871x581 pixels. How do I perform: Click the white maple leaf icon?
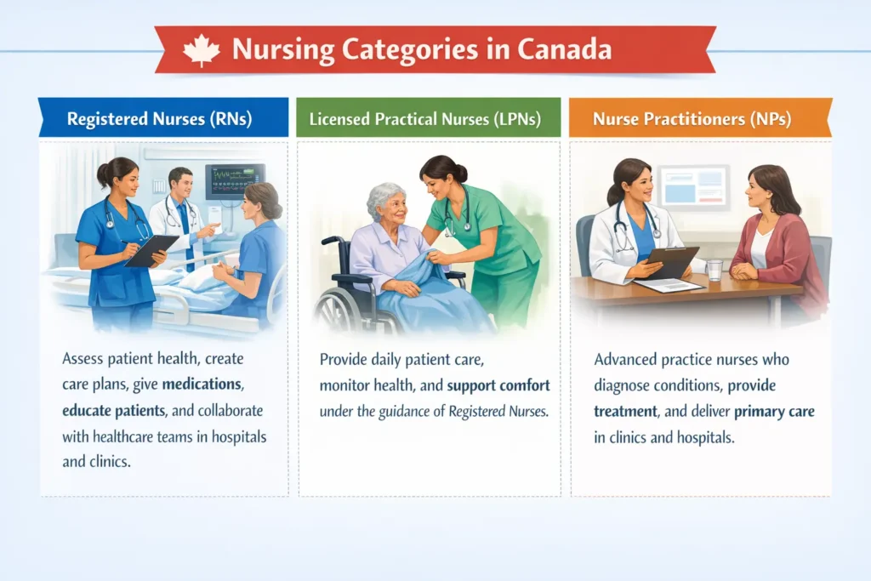pyautogui.click(x=201, y=50)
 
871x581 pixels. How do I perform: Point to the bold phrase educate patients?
pyautogui.click(x=114, y=411)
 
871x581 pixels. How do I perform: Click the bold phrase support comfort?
pyautogui.click(x=498, y=385)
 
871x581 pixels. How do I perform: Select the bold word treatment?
pyautogui.click(x=625, y=412)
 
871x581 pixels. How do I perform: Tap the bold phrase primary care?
pyautogui.click(x=774, y=412)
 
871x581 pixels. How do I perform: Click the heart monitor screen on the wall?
pyautogui.click(x=235, y=180)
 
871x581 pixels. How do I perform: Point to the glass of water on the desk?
pyautogui.click(x=714, y=270)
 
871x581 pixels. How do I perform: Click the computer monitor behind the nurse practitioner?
pyautogui.click(x=693, y=187)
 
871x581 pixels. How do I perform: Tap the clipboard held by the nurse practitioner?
pyautogui.click(x=672, y=262)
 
